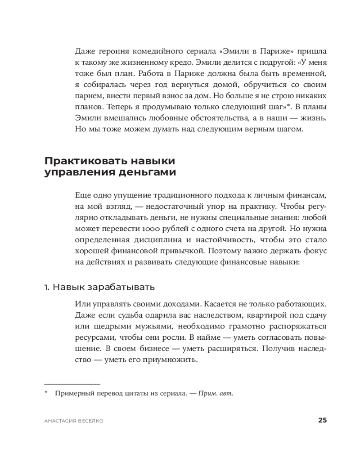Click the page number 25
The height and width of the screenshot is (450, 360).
tap(322, 420)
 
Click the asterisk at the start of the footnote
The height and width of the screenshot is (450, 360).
tap(46, 393)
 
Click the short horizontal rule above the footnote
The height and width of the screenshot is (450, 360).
tap(72, 384)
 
